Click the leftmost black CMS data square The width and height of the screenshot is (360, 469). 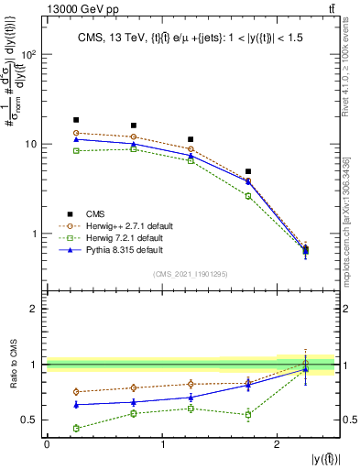(x=76, y=120)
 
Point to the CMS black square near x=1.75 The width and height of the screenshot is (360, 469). (x=248, y=171)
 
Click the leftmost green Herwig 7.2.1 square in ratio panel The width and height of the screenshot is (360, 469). (x=76, y=428)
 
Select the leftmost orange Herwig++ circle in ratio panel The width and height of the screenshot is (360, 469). (x=76, y=392)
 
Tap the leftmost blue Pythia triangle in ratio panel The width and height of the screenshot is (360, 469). (x=76, y=404)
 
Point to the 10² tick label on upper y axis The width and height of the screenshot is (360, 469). (x=27, y=55)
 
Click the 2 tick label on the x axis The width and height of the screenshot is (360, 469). (x=277, y=444)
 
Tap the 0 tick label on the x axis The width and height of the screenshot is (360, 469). (x=47, y=444)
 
